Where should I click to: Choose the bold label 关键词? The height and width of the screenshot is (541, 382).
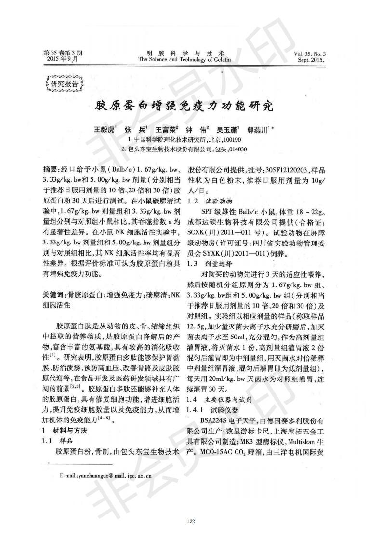54,295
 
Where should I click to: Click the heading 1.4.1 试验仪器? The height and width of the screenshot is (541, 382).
212,410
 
